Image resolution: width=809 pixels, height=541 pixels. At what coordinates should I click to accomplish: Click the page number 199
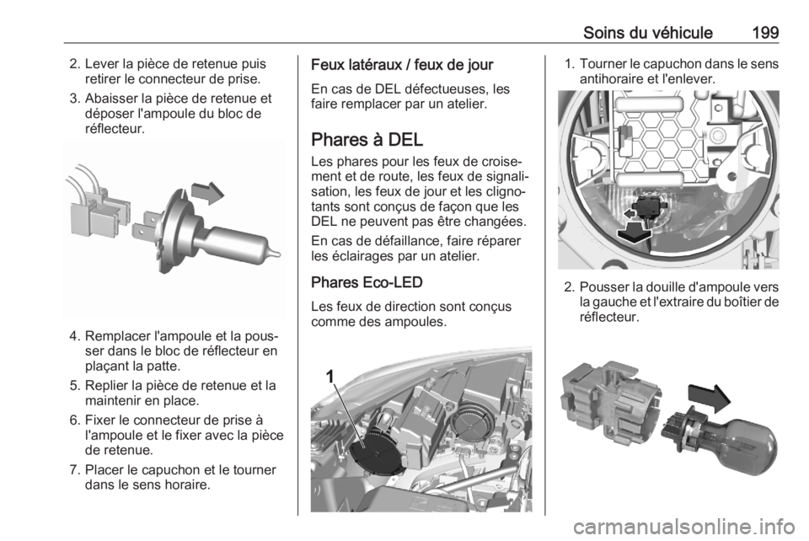(x=765, y=33)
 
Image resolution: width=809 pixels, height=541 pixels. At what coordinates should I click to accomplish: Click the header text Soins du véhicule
(x=647, y=33)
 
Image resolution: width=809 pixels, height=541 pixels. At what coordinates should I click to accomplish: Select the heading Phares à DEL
(x=367, y=140)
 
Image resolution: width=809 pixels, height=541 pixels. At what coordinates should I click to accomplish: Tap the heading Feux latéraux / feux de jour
(x=402, y=65)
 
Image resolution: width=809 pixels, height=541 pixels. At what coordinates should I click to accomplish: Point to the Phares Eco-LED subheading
(x=367, y=282)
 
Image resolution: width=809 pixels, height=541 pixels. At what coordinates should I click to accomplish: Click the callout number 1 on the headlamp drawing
(x=330, y=377)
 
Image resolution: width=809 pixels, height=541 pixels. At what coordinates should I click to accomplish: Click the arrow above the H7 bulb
(x=207, y=192)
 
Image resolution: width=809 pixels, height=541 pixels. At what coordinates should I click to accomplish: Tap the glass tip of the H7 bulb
(x=276, y=253)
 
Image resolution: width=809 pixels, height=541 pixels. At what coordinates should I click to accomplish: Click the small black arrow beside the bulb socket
(x=629, y=212)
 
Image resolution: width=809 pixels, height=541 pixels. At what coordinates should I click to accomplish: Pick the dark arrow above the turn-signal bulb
(x=710, y=398)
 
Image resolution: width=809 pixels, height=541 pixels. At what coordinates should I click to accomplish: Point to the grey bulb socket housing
(x=611, y=402)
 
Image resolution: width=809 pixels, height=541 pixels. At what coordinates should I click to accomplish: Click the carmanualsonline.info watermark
(x=683, y=527)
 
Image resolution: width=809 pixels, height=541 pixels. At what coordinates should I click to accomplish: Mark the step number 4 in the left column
(x=74, y=336)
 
